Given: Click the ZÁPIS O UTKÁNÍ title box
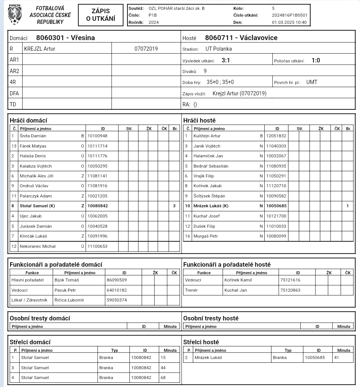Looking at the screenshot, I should (x=101, y=15).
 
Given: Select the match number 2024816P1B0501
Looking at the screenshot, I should (x=290, y=15).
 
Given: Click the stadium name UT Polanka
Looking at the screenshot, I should (x=219, y=49).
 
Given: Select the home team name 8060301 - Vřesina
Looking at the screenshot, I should (x=65, y=38).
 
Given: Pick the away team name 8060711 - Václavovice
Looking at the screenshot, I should (x=241, y=38).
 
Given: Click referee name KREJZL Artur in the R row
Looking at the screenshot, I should (x=40, y=49).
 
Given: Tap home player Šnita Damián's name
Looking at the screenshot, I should (x=33, y=136).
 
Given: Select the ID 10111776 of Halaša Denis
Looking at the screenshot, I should (x=97, y=156).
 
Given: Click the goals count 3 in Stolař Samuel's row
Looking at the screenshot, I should (x=174, y=206).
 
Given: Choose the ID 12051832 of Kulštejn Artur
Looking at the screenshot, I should (x=276, y=136).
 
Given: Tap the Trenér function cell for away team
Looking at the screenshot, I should (x=191, y=290).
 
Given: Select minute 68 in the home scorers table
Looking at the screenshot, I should (x=163, y=378).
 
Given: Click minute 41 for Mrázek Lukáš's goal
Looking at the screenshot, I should (x=337, y=357).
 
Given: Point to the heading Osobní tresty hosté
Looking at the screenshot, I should (x=211, y=318).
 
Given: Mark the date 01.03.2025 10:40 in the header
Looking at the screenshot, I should (x=289, y=22).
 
